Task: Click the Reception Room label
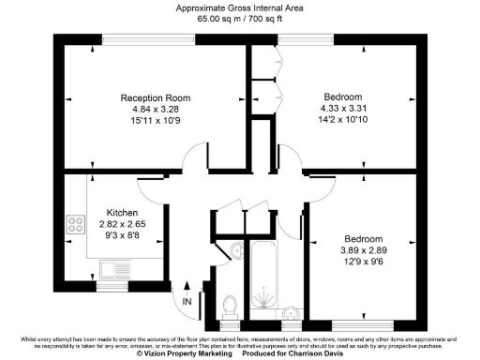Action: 156,97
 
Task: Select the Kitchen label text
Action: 123,212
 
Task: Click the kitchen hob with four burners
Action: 74,225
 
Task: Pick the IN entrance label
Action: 187,302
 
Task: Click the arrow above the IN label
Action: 187,286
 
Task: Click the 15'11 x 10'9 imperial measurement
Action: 156,120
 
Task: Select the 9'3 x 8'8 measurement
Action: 123,235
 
